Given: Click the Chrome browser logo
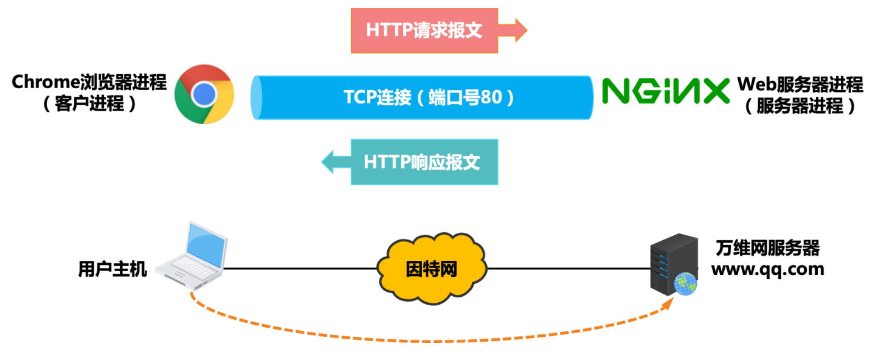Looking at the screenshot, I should click(204, 94).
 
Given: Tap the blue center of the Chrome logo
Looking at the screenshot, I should click(204, 94).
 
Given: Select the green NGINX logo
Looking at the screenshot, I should click(665, 92).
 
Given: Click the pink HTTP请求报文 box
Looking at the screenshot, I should click(424, 30).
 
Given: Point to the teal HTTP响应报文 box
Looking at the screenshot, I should click(424, 162).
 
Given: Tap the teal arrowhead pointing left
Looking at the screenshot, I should click(331, 162).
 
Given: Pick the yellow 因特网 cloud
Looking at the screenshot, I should click(432, 268).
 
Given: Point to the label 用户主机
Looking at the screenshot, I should click(112, 269).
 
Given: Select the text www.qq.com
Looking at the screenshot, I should click(767, 268).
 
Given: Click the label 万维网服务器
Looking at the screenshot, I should click(767, 248).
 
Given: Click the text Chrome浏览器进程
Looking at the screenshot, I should click(89, 83).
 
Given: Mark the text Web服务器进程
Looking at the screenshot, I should click(800, 84).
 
